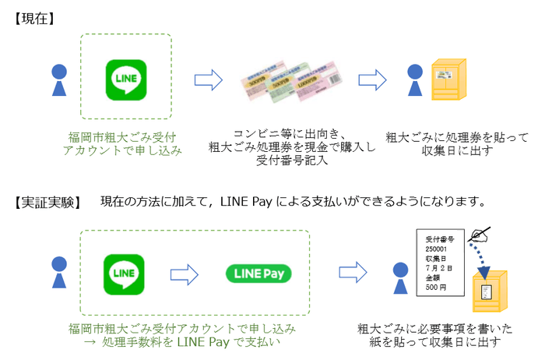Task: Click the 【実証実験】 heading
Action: (47, 202)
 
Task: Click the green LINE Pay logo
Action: (258, 274)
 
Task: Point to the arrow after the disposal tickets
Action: (372, 80)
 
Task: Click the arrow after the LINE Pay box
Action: (353, 274)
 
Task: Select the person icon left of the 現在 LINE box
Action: (59, 79)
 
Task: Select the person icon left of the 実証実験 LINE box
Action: (58, 274)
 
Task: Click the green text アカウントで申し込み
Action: (122, 150)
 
